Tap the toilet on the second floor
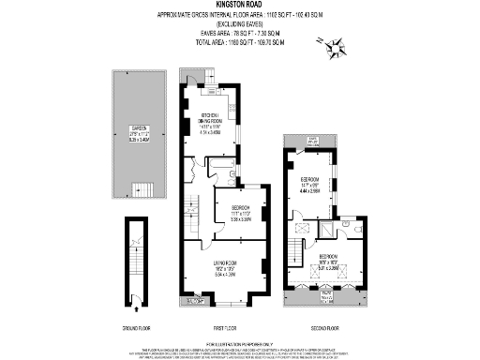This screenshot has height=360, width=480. coord(350,225)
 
